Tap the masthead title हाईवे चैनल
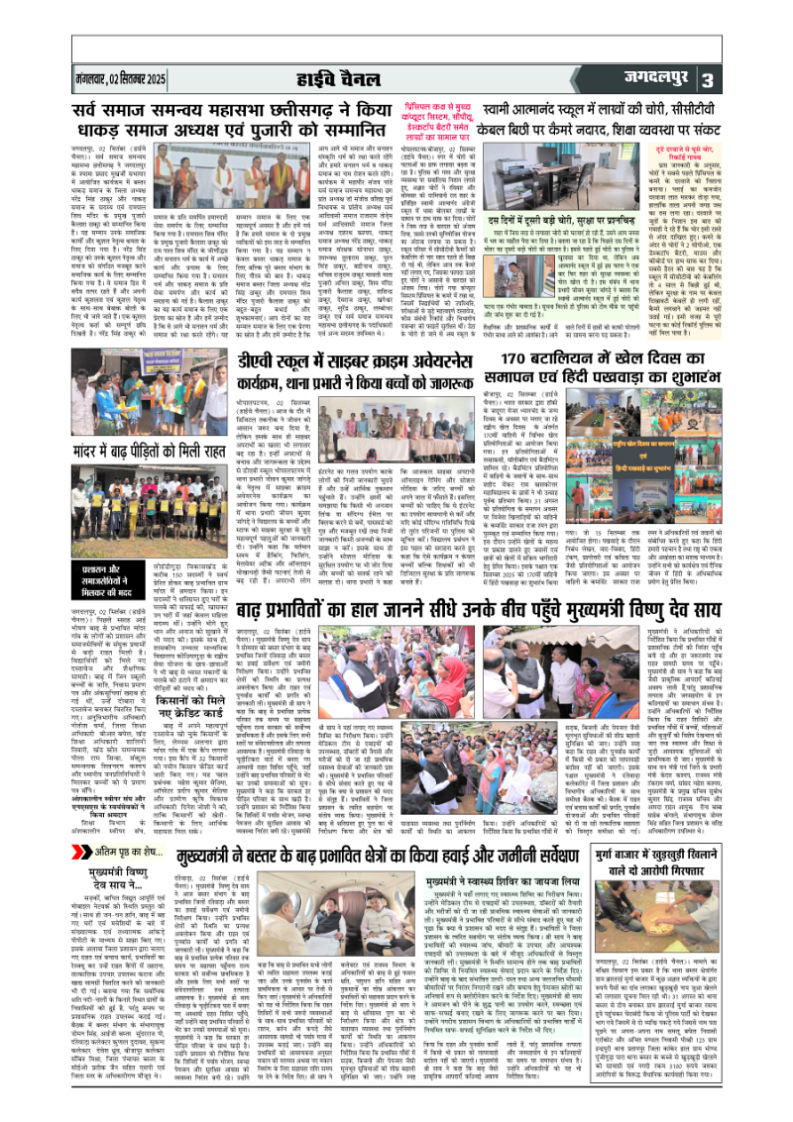pos(397,78)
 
